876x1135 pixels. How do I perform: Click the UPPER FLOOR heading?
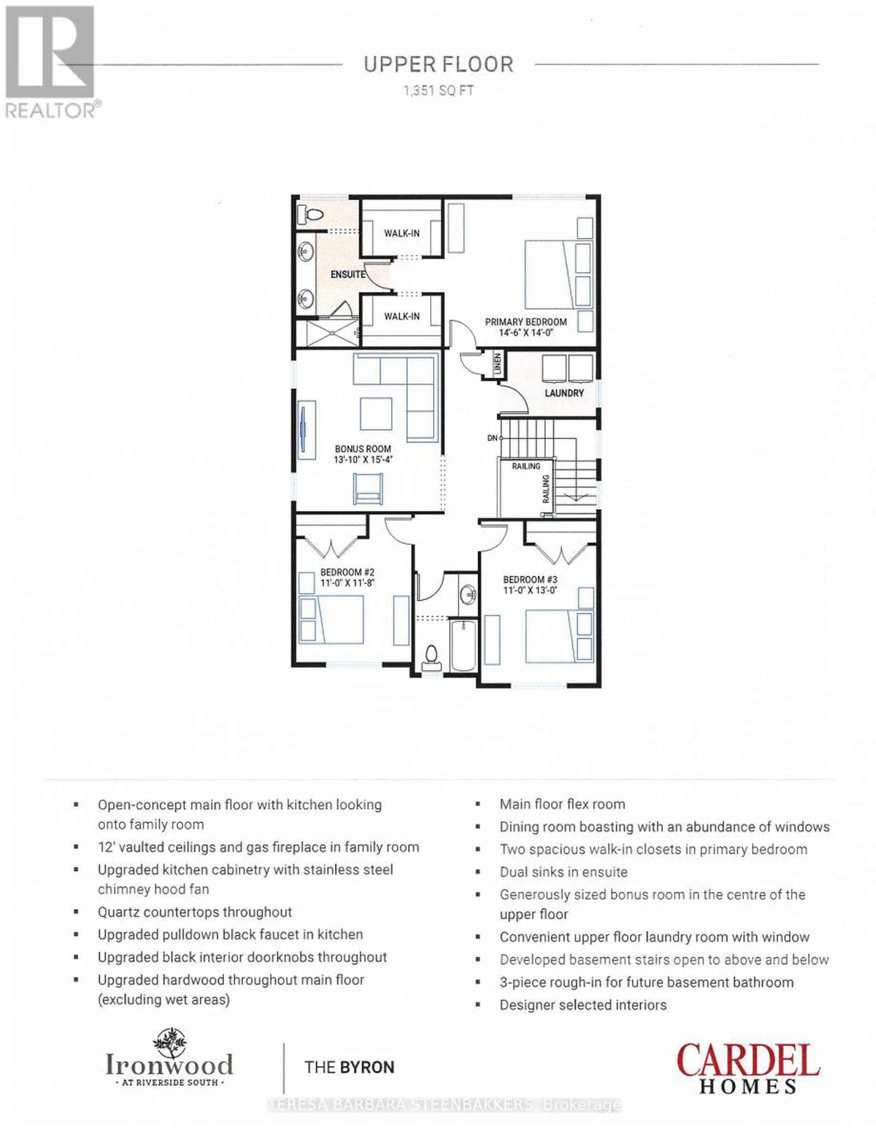(439, 65)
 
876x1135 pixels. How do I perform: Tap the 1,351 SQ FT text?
(438, 91)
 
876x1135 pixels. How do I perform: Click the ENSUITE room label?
(348, 274)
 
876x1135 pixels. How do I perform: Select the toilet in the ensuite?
(309, 215)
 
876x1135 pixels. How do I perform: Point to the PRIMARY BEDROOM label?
(526, 322)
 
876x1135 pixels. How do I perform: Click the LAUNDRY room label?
(564, 393)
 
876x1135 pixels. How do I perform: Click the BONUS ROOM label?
(363, 449)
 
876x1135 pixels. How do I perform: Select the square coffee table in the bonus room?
(376, 414)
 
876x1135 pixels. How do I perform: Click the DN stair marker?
(492, 438)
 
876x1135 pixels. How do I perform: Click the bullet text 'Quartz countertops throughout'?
(195, 912)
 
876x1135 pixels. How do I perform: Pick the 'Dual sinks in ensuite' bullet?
(563, 872)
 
